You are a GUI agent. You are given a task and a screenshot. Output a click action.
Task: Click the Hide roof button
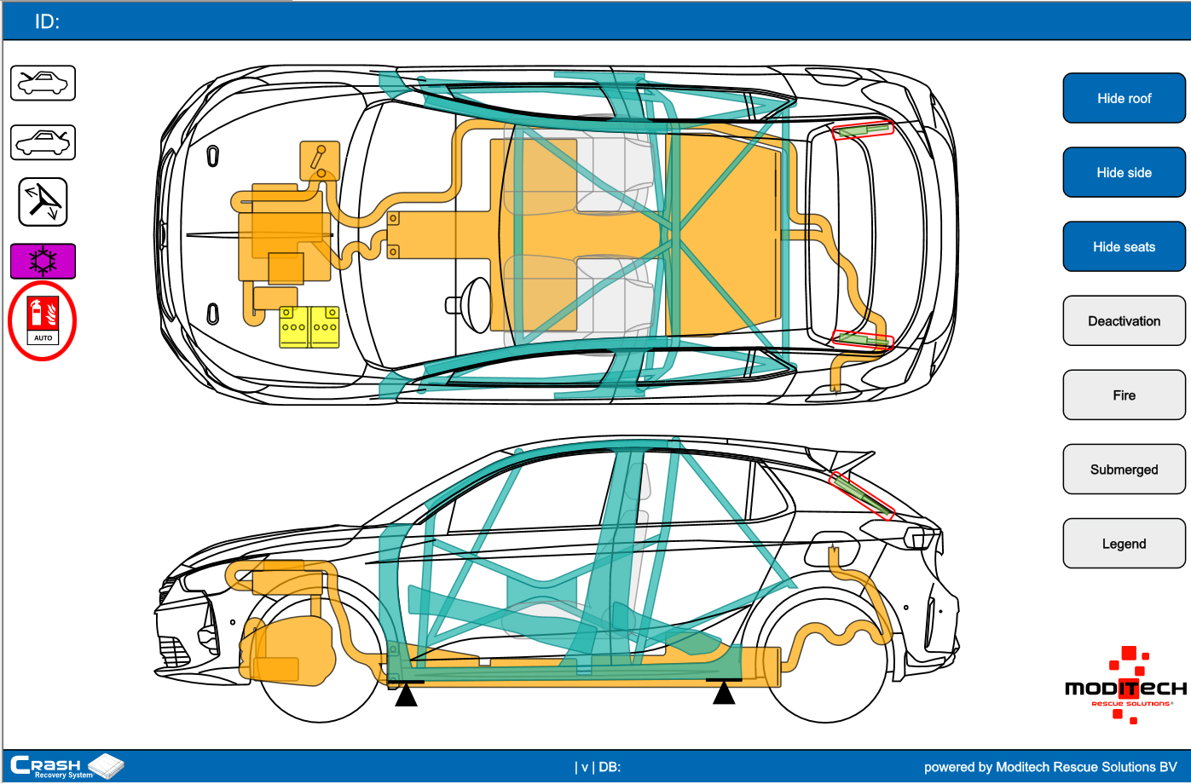coord(1124,98)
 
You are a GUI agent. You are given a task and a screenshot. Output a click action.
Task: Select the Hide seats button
coord(1124,246)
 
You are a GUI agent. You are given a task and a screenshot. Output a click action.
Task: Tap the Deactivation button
coord(1124,321)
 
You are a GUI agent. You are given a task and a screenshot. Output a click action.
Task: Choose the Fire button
coord(1124,395)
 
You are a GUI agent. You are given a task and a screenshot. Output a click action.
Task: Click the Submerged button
coord(1124,470)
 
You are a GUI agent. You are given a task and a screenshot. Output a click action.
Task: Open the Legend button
coord(1124,544)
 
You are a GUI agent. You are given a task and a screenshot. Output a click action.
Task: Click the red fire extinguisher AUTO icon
coord(43,320)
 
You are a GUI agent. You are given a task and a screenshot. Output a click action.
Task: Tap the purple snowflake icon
coord(43,261)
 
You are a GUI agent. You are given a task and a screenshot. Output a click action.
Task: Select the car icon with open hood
coord(43,84)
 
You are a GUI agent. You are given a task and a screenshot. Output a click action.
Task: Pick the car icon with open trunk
coord(43,142)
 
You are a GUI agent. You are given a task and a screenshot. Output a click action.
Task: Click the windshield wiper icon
coord(43,202)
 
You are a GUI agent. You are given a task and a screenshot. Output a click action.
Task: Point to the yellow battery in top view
coord(309,327)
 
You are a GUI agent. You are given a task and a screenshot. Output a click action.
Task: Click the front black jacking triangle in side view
coord(406,695)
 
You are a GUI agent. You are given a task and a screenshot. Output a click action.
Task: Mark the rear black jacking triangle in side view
coord(724,693)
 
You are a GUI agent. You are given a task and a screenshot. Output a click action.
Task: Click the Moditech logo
coord(1125,686)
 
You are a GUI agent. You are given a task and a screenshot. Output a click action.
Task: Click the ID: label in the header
coord(47,22)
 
